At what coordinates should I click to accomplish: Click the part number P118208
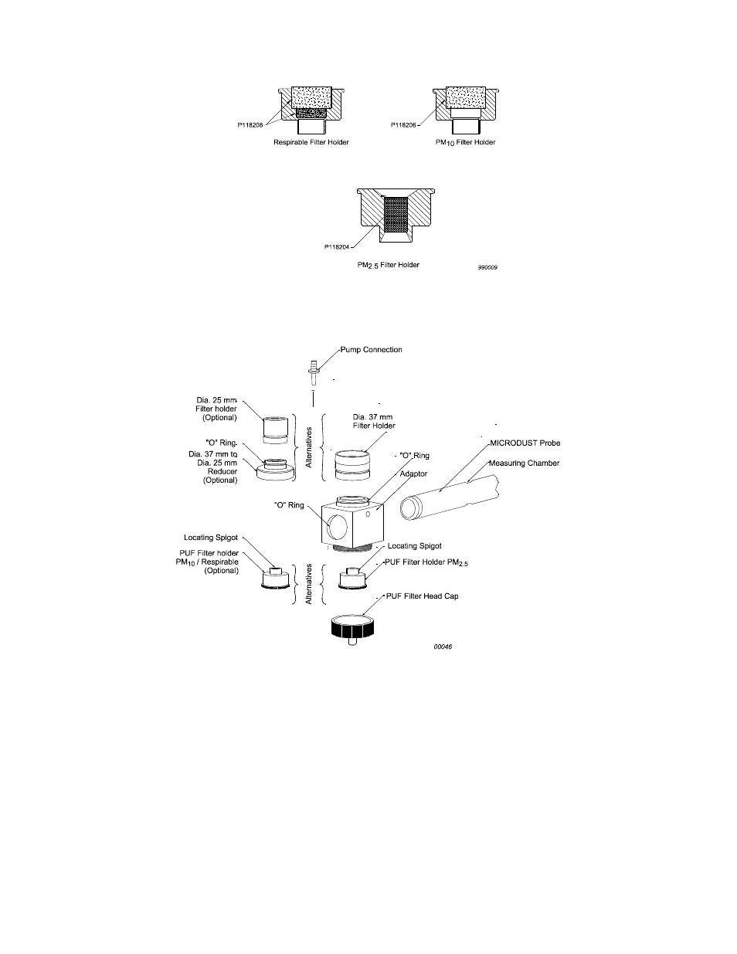[x=251, y=124]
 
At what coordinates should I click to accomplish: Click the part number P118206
[x=406, y=124]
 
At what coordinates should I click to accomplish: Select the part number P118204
[x=338, y=247]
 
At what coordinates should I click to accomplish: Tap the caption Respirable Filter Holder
[x=311, y=142]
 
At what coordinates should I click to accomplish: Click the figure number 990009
[x=487, y=267]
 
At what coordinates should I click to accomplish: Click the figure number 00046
[x=441, y=646]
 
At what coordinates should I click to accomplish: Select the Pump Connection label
[x=372, y=349]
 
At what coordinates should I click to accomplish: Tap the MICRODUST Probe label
[x=525, y=443]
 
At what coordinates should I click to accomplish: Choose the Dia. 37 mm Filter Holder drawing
[x=352, y=465]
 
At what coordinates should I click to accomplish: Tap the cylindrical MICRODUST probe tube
[x=448, y=501]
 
